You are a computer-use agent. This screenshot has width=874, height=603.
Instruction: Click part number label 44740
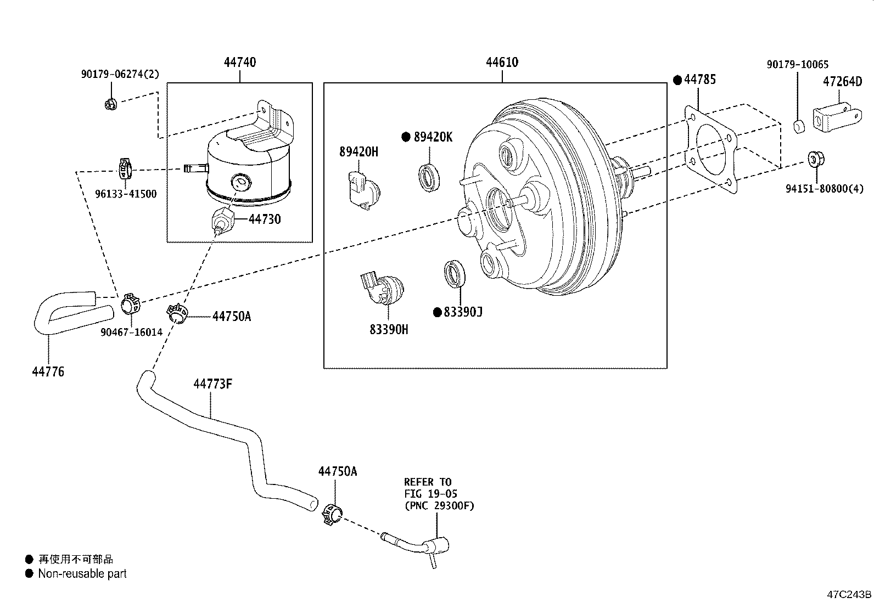pos(239,63)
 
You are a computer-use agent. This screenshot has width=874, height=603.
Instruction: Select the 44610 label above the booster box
pos(502,63)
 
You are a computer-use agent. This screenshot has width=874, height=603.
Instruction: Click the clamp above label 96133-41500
pos(126,169)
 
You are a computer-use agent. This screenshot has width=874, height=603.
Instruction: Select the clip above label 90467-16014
pos(130,303)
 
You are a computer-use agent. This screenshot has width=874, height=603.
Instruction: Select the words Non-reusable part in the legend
pos(82,574)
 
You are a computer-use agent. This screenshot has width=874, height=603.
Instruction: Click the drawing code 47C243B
pos(849,594)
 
